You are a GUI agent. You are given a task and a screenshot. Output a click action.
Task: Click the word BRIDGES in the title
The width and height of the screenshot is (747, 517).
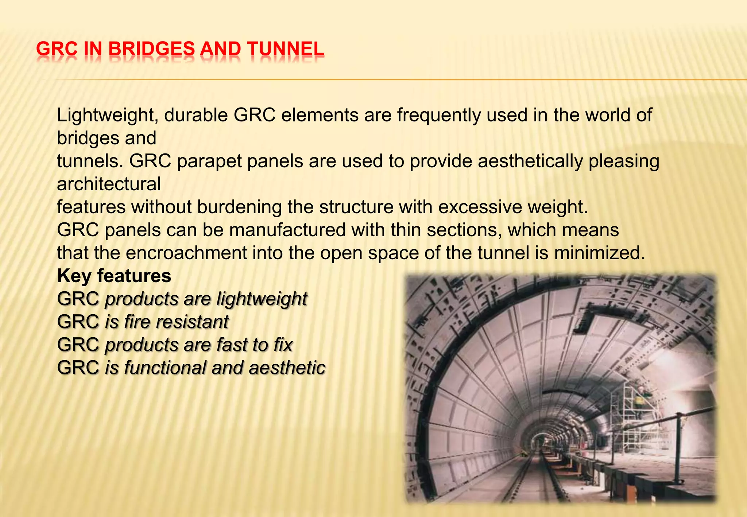click(x=151, y=49)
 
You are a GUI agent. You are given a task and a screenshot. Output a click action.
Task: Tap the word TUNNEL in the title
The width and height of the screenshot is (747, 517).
click(x=285, y=49)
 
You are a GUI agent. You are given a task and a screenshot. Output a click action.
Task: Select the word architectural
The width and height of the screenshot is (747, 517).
click(x=109, y=184)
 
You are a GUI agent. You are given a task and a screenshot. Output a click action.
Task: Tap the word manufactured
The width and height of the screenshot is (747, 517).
click(x=287, y=230)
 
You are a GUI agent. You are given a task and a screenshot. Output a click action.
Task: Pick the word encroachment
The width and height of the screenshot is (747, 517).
click(x=186, y=253)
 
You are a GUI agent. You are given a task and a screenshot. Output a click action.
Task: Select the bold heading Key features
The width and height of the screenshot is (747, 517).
click(x=114, y=276)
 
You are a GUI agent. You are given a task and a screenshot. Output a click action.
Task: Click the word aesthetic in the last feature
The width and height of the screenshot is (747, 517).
click(x=287, y=368)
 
